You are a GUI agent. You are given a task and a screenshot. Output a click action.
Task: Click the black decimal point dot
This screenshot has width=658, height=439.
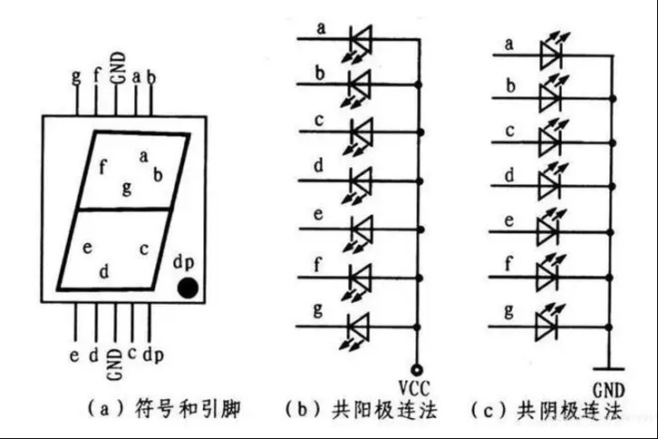(x=188, y=288)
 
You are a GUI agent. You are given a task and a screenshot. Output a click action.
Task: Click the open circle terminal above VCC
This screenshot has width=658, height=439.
(x=417, y=368)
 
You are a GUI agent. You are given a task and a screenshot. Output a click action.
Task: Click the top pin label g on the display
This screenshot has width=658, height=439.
(x=75, y=76)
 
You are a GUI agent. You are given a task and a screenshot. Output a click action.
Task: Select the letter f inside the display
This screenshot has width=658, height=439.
(x=102, y=167)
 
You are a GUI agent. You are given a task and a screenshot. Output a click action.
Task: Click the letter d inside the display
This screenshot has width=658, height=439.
(x=104, y=270)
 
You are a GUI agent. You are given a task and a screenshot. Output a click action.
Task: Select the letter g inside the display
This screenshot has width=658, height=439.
(x=127, y=188)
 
